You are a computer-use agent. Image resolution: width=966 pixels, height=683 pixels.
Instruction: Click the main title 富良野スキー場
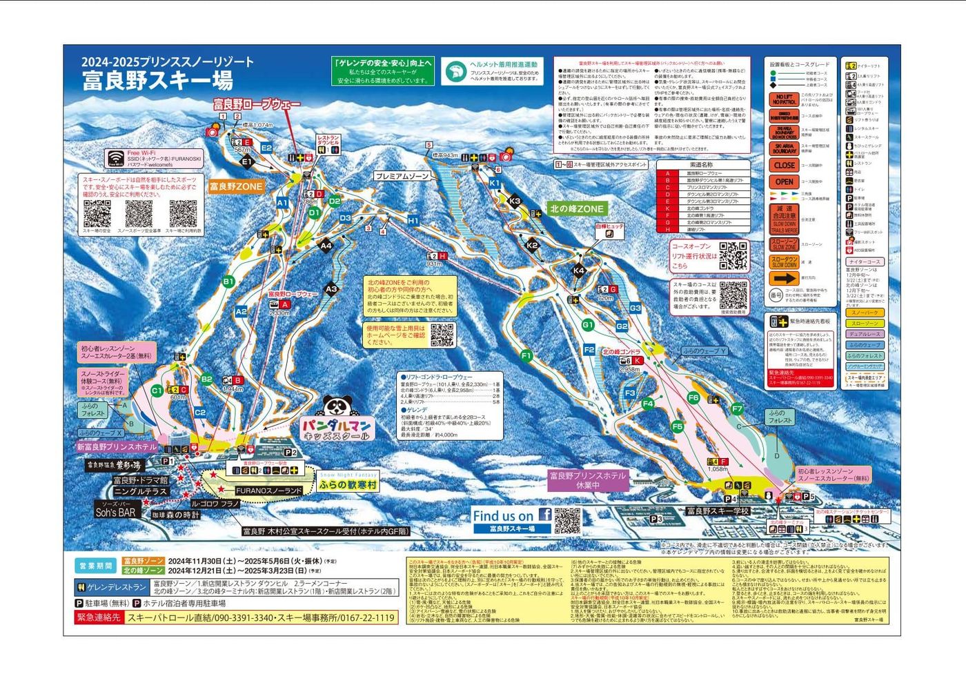pyautogui.click(x=157, y=81)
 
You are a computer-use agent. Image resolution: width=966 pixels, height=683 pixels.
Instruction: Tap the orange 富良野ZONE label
pyautogui.click(x=236, y=186)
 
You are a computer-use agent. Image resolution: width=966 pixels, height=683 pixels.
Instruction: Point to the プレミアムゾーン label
pyautogui.click(x=403, y=176)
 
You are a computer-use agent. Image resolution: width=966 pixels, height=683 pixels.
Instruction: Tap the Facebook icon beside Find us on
pyautogui.click(x=544, y=515)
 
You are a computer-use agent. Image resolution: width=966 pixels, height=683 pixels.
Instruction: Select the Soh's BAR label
pyautogui.click(x=115, y=513)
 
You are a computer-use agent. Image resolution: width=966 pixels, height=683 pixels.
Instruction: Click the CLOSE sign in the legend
pyautogui.click(x=784, y=166)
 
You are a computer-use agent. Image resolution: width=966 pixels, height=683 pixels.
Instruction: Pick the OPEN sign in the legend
pyautogui.click(x=784, y=182)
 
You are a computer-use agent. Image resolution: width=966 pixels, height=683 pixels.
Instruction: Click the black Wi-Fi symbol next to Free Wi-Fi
pyautogui.click(x=115, y=158)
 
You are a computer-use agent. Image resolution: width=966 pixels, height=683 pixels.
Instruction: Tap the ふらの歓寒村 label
pyautogui.click(x=348, y=485)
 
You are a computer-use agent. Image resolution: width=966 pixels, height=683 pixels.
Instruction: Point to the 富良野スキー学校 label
pyautogui.click(x=718, y=511)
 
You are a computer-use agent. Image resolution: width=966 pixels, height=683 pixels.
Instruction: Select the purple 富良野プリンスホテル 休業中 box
pyautogui.click(x=587, y=480)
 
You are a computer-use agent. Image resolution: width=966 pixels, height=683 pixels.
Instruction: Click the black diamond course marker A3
pyautogui.click(x=331, y=290)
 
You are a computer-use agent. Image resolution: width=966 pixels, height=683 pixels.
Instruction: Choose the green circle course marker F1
pyautogui.click(x=526, y=356)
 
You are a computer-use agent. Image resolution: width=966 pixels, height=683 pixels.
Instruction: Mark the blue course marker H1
pyautogui.click(x=413, y=220)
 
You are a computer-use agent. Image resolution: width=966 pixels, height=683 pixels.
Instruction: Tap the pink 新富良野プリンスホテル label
pyautogui.click(x=117, y=447)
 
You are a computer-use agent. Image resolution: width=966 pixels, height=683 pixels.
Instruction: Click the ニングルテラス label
pyautogui.click(x=140, y=491)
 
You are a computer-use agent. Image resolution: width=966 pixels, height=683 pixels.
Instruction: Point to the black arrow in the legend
pyautogui.click(x=784, y=279)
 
